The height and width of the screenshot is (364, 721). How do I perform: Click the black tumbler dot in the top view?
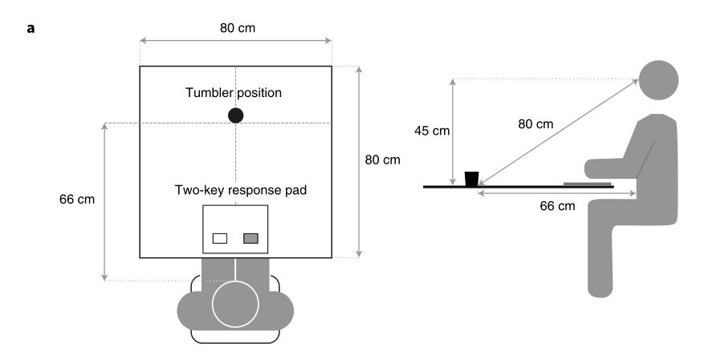(235, 115)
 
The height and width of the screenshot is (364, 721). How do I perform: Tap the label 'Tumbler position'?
(234, 92)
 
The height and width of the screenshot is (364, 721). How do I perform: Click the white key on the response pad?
(220, 238)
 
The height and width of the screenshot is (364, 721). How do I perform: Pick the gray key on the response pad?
(251, 238)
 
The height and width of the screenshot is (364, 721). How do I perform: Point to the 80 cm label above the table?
(235, 27)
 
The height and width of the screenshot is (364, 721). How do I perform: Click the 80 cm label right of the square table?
(382, 160)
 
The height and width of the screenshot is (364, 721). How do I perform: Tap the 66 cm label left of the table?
(77, 200)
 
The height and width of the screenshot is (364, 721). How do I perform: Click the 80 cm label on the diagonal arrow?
(536, 124)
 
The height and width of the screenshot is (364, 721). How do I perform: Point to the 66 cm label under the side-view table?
(557, 206)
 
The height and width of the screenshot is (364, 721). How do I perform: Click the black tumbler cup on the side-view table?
(472, 178)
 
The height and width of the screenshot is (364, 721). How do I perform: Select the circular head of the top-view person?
(235, 305)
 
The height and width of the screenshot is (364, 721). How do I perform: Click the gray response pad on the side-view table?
(585, 184)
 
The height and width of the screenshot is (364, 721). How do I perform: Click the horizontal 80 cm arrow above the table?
(235, 40)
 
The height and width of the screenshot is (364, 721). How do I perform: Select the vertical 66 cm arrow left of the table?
(105, 201)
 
